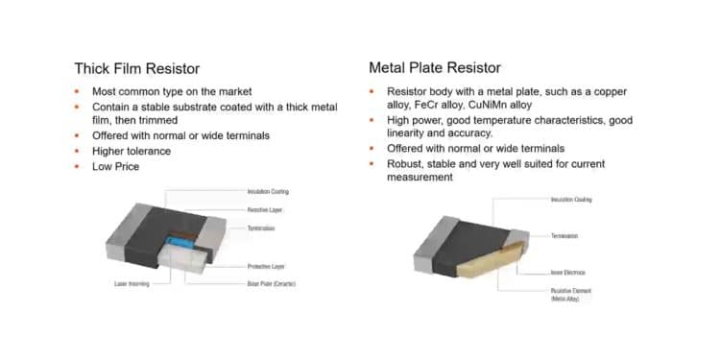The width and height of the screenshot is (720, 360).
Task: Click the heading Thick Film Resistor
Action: [137, 68]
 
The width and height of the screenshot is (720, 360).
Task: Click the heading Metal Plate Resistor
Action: [434, 68]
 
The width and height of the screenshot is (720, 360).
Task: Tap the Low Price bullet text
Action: [115, 166]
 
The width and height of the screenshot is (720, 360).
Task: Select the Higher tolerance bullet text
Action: [131, 151]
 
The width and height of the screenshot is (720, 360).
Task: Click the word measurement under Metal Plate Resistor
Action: [420, 178]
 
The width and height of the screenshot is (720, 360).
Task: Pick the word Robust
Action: [405, 163]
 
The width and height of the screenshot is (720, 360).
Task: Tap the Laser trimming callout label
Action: [132, 284]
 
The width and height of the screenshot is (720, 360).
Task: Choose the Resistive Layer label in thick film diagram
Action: [264, 209]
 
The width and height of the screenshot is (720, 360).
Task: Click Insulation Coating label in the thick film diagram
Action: [268, 191]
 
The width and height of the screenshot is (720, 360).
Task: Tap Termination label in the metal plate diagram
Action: [564, 235]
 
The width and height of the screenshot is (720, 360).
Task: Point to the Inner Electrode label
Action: [569, 272]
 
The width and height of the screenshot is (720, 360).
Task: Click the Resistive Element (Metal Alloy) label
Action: [571, 295]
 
